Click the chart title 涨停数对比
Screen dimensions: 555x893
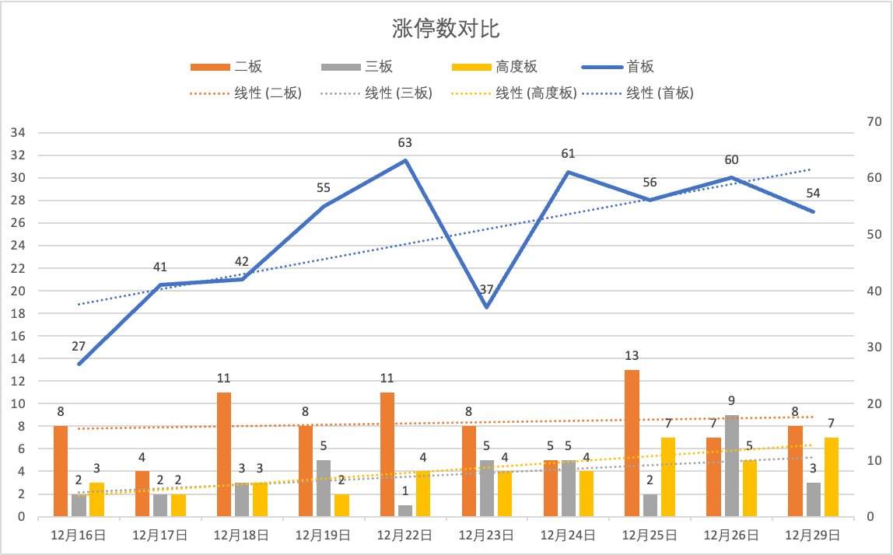(446, 30)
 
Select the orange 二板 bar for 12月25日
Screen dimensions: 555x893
(632, 443)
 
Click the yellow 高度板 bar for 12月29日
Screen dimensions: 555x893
(832, 476)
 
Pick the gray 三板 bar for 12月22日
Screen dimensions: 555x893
(404, 511)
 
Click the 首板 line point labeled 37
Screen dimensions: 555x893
(486, 307)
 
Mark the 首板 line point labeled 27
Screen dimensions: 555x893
(79, 364)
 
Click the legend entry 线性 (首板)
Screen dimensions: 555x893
(660, 93)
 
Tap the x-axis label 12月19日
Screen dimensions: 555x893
(323, 535)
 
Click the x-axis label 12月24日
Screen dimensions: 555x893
(568, 535)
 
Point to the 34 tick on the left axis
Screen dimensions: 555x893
(18, 133)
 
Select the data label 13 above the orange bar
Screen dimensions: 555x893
(632, 356)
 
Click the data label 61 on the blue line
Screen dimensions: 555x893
(568, 154)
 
